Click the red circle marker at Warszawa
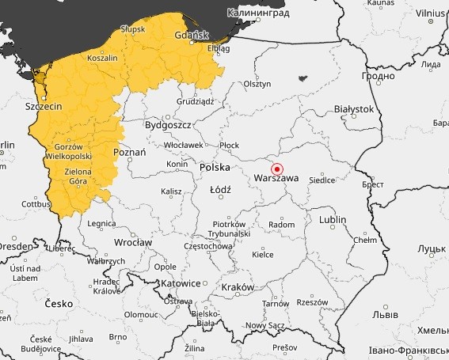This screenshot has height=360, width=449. click(277, 169)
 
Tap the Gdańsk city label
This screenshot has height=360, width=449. click(192, 34)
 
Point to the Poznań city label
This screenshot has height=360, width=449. click(130, 152)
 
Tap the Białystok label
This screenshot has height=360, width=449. click(353, 108)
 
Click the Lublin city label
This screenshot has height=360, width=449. click(333, 219)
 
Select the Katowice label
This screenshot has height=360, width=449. click(180, 283)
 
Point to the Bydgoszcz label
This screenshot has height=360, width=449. click(169, 125)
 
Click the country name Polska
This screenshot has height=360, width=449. click(215, 168)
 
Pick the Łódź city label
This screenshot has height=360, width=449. click(220, 191)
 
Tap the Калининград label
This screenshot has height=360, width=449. click(259, 13)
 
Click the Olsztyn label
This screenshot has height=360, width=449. click(257, 83)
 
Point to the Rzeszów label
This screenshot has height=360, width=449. click(312, 302)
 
